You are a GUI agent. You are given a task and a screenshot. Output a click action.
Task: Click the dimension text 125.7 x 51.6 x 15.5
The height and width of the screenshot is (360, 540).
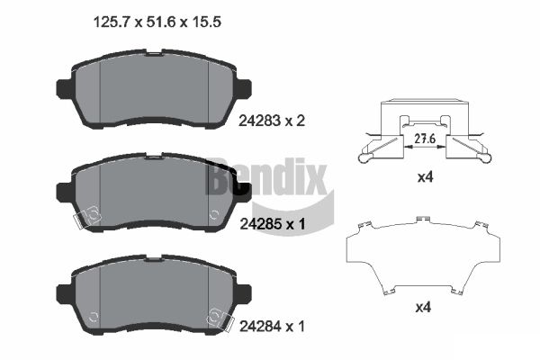click(157, 22)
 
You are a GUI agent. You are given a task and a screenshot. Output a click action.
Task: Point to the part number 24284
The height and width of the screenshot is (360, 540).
click(260, 326)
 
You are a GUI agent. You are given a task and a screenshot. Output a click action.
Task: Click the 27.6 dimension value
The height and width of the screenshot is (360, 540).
click(425, 139)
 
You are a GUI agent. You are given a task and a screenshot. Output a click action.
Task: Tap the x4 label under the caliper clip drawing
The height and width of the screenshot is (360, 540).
click(425, 177)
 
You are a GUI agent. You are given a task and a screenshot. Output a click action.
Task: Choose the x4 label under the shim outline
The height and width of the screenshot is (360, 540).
click(423, 307)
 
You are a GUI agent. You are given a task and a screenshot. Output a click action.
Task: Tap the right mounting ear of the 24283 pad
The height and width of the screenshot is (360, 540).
click(244, 88)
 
